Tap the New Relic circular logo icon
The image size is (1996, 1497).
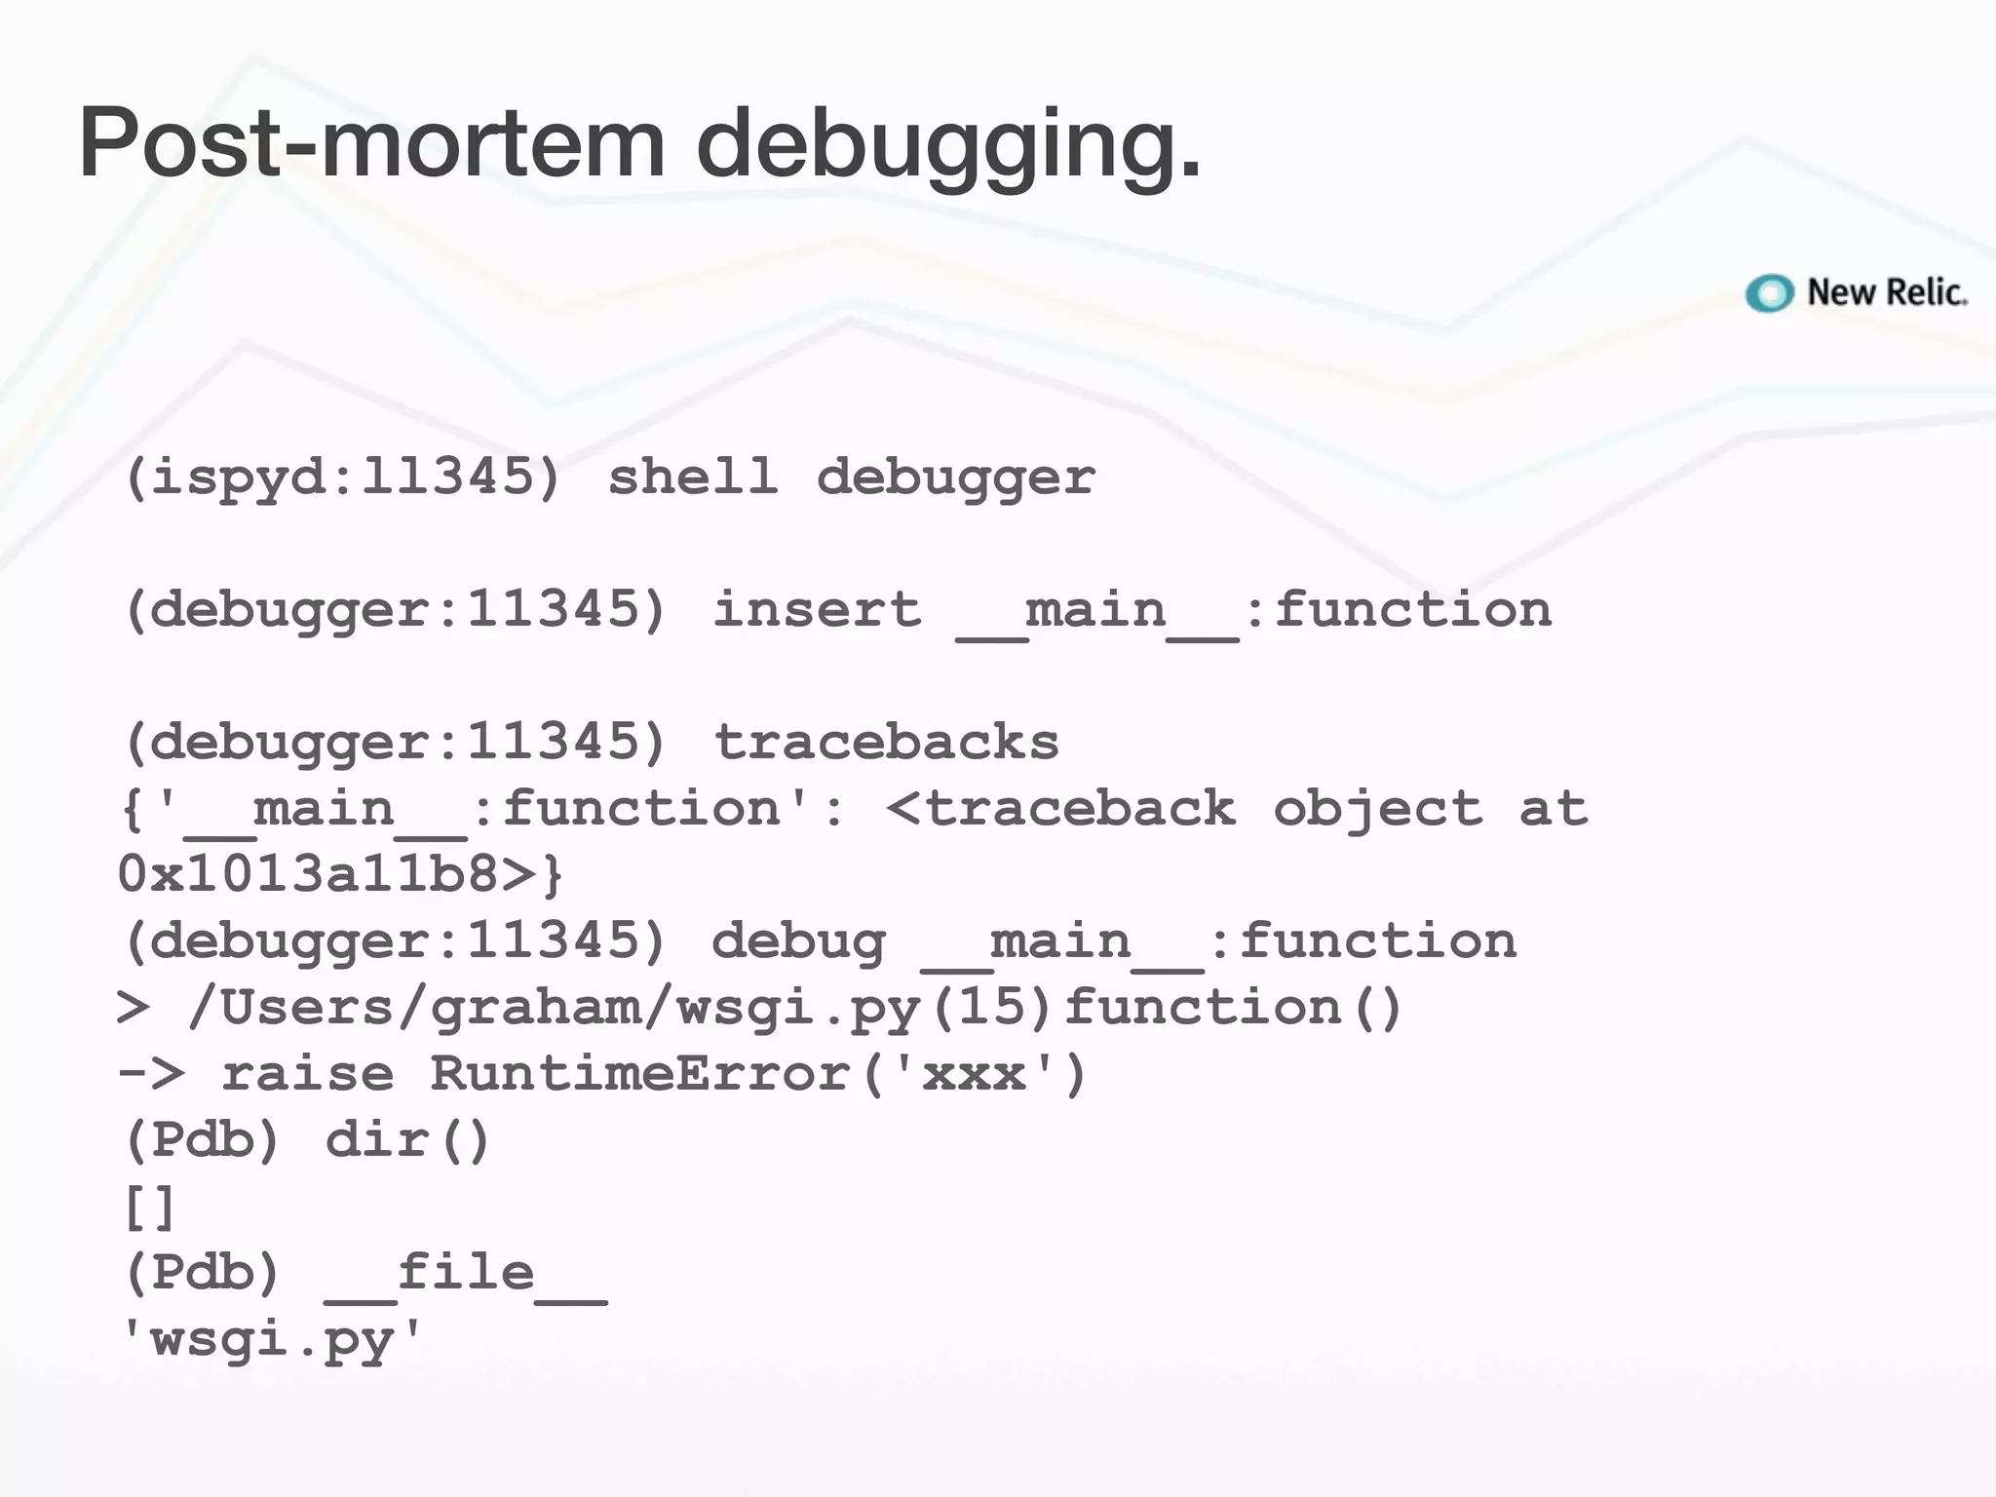1769,292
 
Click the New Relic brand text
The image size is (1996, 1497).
1886,292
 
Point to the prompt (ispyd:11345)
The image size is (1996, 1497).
343,478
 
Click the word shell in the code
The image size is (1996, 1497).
693,478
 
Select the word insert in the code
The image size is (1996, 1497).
817,610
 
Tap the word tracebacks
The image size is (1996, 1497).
886,743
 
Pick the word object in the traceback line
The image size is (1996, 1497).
1377,809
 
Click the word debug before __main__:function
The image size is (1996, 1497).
798,941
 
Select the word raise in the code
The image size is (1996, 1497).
308,1074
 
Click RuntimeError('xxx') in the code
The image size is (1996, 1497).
758,1074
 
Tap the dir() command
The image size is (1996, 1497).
407,1140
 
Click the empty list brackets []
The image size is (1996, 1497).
149,1208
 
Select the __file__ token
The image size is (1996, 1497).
466,1274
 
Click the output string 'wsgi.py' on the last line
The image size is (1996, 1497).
272,1341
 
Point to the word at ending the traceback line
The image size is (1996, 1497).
1554,809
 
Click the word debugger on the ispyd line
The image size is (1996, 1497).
955,478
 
